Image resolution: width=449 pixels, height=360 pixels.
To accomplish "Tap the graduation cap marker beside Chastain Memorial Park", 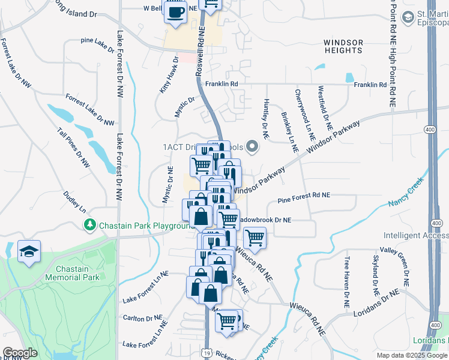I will click(x=29, y=252).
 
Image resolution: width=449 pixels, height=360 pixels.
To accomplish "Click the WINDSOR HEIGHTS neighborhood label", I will click(x=343, y=46).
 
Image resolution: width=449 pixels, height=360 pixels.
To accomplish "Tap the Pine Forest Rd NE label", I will click(x=304, y=195).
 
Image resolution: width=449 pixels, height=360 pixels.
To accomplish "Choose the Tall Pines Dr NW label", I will click(x=73, y=147).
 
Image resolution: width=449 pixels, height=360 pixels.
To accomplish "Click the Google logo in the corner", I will click(x=20, y=353).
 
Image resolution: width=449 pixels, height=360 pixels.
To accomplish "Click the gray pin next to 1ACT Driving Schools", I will click(x=253, y=146).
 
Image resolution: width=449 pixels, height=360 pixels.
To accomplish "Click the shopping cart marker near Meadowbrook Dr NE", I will click(x=255, y=238).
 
